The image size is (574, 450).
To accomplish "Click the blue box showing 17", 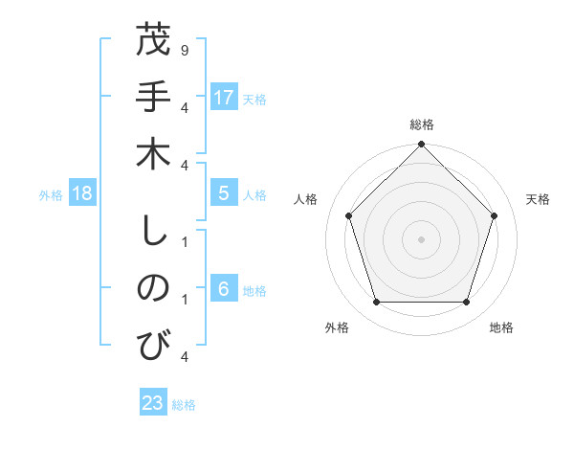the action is (224, 98).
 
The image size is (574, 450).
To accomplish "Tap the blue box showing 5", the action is (224, 193).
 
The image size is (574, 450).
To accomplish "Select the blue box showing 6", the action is (224, 289).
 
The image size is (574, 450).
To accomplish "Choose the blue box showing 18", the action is (83, 193).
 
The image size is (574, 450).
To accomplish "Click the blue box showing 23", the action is (153, 403).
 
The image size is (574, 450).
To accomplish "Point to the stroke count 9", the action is (184, 49).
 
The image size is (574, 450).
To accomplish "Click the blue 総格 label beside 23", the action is (184, 405).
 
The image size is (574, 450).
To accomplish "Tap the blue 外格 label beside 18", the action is (51, 195).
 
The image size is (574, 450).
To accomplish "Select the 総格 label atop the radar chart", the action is (421, 124).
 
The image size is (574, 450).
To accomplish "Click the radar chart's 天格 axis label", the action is (539, 199).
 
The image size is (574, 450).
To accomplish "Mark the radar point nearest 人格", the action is (349, 215).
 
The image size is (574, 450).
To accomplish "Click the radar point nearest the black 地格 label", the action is (466, 303).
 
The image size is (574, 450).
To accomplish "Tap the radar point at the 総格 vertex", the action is (421, 146).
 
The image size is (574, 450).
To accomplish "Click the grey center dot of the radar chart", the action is (421, 238).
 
